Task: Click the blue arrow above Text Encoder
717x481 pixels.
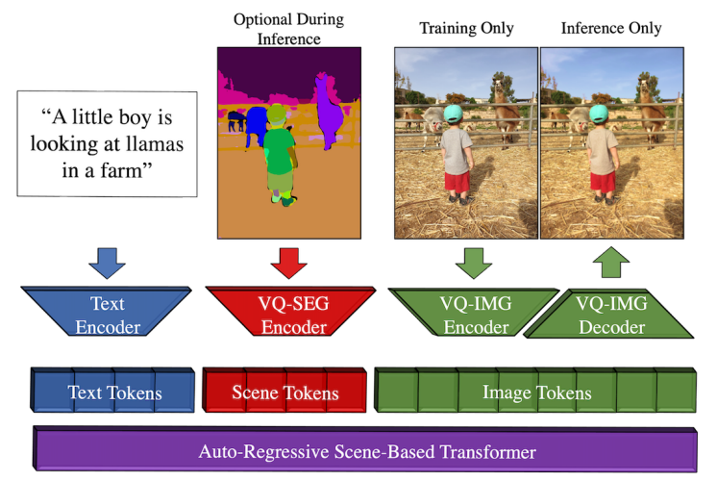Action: (107, 263)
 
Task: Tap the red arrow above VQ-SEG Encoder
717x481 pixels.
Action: (288, 263)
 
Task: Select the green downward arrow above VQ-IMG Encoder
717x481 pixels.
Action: (474, 263)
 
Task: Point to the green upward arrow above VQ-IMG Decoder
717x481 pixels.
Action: (611, 263)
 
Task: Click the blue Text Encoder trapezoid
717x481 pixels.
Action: (106, 312)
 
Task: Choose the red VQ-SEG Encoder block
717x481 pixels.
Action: (291, 312)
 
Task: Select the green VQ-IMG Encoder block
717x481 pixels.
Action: (474, 312)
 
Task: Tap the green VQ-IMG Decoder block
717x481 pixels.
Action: (610, 314)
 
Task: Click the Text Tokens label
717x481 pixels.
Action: (114, 392)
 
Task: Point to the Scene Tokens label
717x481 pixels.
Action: (285, 392)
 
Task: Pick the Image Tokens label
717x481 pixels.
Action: (537, 392)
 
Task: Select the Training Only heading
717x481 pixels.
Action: (466, 28)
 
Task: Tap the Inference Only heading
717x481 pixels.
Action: (611, 28)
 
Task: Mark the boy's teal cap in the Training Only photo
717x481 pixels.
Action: (453, 114)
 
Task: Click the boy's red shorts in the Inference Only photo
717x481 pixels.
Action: (603, 182)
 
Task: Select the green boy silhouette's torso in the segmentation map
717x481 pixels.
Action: (279, 151)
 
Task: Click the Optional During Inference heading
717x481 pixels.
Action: (288, 29)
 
